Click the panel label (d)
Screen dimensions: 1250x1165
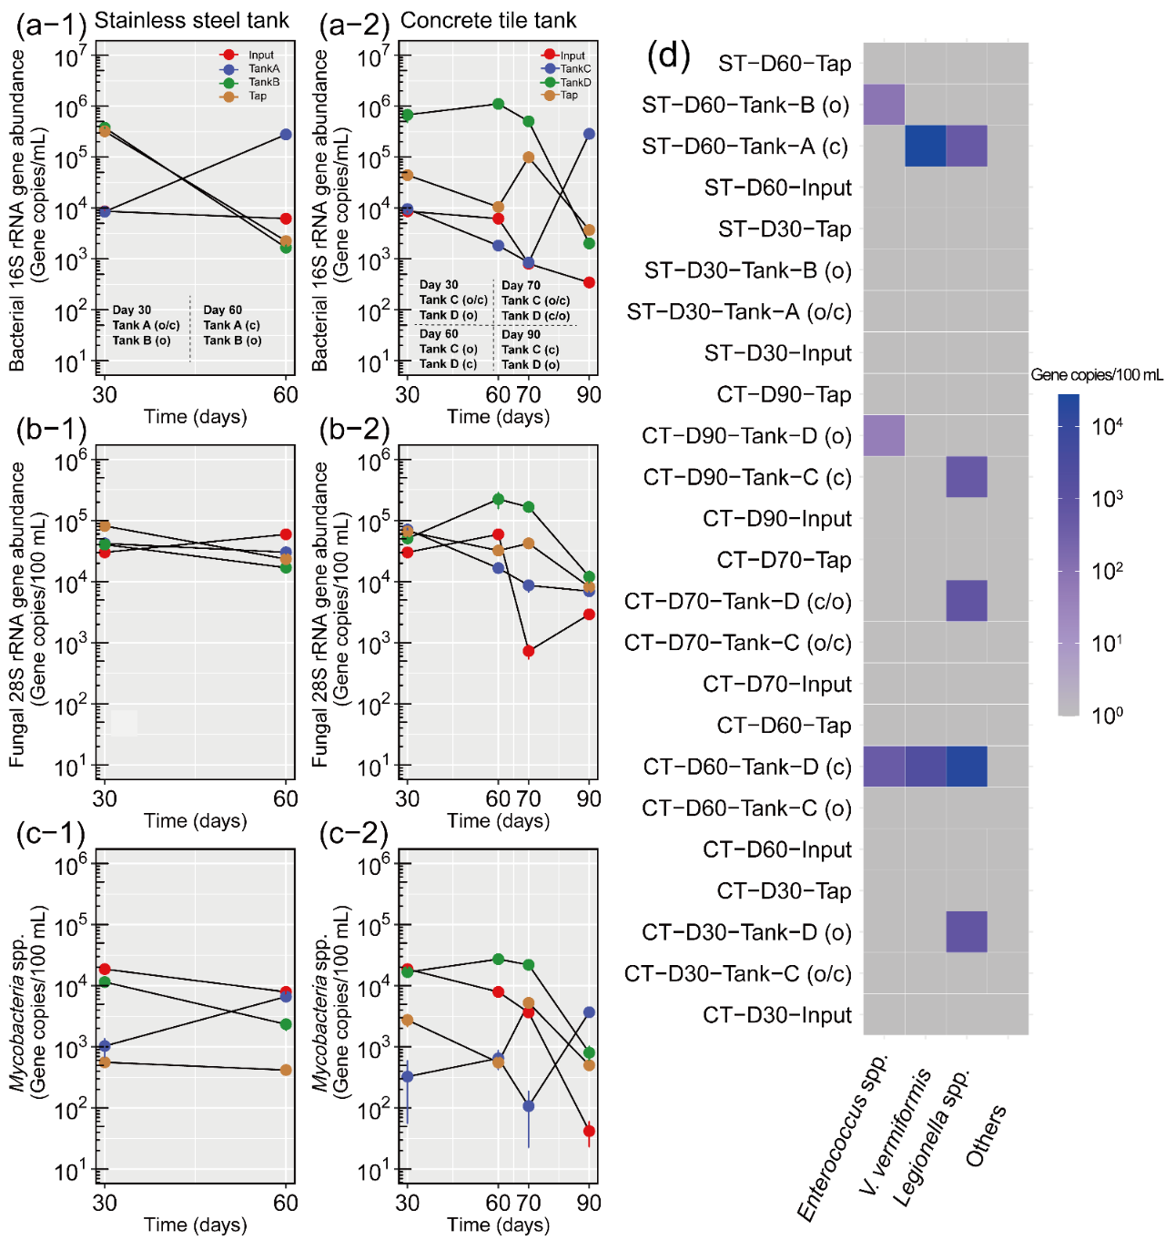pyautogui.click(x=669, y=56)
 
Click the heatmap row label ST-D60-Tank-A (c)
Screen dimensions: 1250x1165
pyautogui.click(x=745, y=147)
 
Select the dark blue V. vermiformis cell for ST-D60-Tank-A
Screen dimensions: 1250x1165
pyautogui.click(x=925, y=146)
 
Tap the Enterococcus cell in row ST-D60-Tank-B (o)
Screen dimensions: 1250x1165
pyautogui.click(x=884, y=105)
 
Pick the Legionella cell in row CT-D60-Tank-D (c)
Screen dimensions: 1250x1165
pyautogui.click(x=967, y=767)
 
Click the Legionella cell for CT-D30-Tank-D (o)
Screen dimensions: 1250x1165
pyautogui.click(x=967, y=931)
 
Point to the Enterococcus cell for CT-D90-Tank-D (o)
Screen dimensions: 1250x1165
pyautogui.click(x=884, y=435)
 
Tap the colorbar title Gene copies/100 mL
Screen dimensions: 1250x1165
pyautogui.click(x=1096, y=375)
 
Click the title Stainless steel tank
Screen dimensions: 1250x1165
pyautogui.click(x=191, y=20)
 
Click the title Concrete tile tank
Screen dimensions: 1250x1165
pyautogui.click(x=488, y=20)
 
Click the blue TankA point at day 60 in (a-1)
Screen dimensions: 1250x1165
pyautogui.click(x=286, y=135)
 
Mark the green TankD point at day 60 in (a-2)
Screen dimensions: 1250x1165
pyautogui.click(x=498, y=104)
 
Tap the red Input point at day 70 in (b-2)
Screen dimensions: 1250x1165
pyautogui.click(x=529, y=651)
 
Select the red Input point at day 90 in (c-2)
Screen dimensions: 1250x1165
pyautogui.click(x=589, y=1132)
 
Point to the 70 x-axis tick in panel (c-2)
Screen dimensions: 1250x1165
pyautogui.click(x=529, y=1203)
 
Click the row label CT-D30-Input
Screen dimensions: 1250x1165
pyautogui.click(x=776, y=1015)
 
